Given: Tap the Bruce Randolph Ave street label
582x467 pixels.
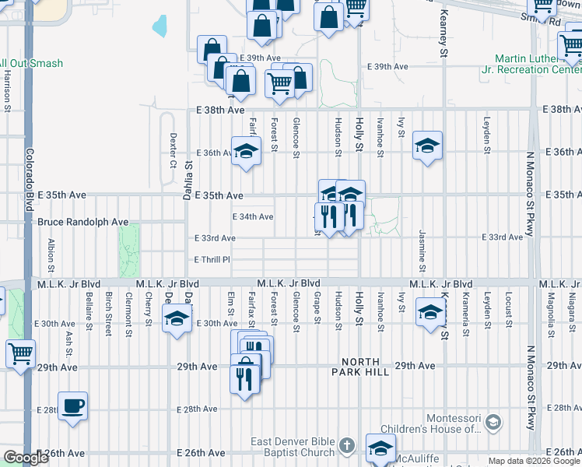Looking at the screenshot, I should coord(83,222).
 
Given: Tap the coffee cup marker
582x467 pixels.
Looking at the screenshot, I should coord(73,406).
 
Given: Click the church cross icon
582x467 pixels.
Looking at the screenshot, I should coord(347,446).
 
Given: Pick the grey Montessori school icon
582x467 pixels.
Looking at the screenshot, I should coord(492,423).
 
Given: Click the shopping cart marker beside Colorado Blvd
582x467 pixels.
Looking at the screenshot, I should coord(21,354).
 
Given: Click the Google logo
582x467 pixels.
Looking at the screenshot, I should coord(25,458).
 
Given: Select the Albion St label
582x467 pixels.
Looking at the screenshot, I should coord(51,255).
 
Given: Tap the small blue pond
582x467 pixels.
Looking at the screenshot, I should coord(160,26).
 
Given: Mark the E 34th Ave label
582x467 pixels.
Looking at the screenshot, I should coord(253,216).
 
